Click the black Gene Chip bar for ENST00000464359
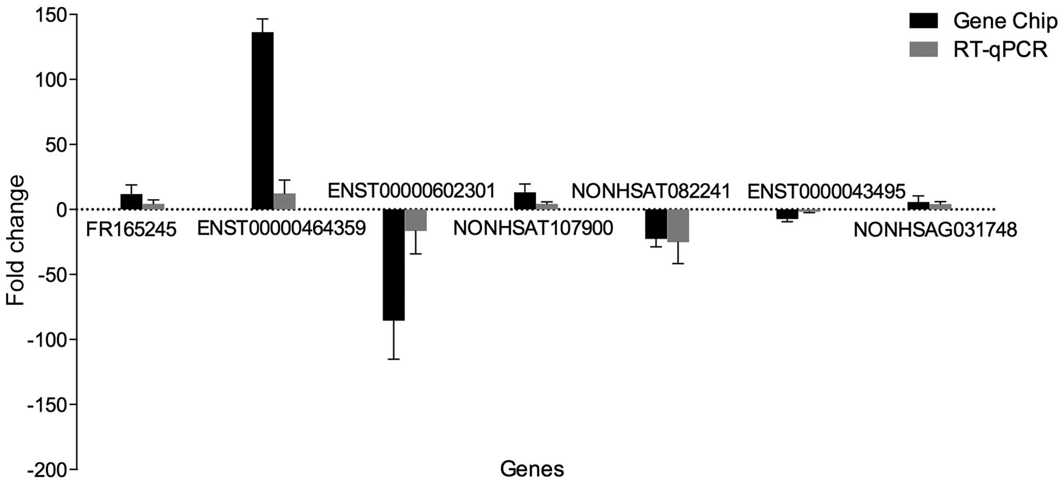point(262,120)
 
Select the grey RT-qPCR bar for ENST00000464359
point(284,202)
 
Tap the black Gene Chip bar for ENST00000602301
point(393,265)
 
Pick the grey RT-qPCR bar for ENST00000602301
point(415,220)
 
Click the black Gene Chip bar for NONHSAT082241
point(655,224)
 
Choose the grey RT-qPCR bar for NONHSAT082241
point(678,226)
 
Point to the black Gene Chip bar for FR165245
point(131,202)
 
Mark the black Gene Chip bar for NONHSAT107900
point(524,201)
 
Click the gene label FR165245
point(131,229)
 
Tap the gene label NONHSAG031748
point(935,229)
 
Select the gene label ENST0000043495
point(826,192)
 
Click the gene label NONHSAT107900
point(533,228)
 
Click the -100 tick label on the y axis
point(47,339)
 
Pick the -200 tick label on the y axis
point(47,470)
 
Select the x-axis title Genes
point(532,469)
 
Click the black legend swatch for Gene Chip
point(924,21)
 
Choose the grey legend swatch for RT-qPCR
point(924,50)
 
